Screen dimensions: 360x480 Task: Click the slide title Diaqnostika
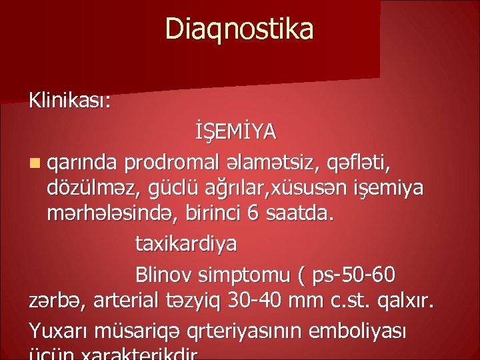pos(239,29)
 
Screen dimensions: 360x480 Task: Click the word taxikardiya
pos(185,245)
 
